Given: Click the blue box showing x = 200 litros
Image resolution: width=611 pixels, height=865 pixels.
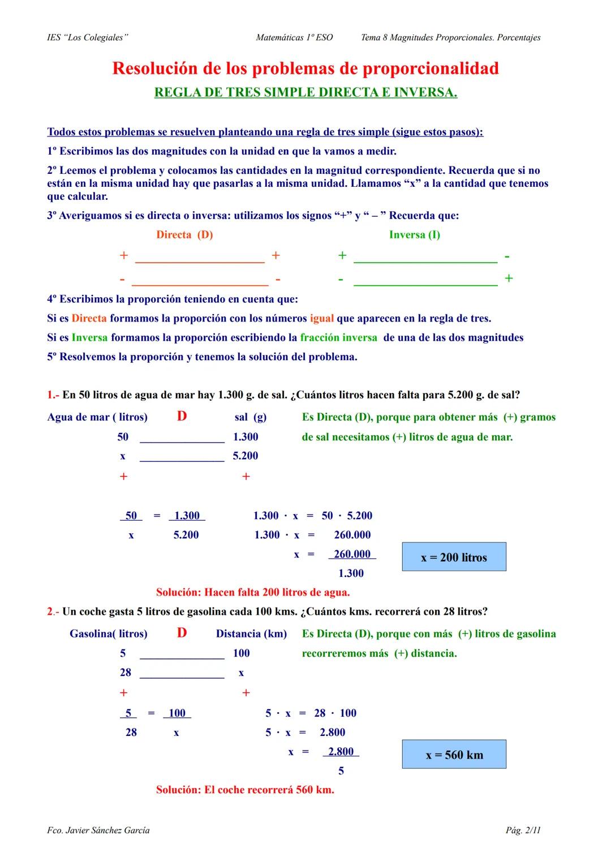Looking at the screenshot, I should (x=454, y=557).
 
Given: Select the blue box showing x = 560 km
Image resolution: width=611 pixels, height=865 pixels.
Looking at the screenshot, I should (x=454, y=755).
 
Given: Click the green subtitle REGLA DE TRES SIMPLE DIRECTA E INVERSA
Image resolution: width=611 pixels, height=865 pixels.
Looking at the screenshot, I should (x=305, y=92).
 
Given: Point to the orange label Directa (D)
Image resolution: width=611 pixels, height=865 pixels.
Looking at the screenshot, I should (x=184, y=235).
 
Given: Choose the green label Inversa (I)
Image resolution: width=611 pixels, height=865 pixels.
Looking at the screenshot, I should (x=414, y=235).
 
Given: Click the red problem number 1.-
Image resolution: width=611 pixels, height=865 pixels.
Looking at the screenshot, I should (x=53, y=395).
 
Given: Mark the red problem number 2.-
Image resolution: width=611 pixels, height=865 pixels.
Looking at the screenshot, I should (x=53, y=611).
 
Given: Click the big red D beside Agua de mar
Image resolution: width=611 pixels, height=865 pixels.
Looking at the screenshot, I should (x=182, y=417).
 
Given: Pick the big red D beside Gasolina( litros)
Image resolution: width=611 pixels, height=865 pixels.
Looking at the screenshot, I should (x=182, y=633).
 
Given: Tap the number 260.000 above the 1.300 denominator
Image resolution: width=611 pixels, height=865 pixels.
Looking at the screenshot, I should (x=352, y=554).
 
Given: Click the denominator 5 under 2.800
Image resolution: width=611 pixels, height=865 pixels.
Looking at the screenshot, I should (x=341, y=771).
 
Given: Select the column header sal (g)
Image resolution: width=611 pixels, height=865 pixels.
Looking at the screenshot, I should (x=250, y=417).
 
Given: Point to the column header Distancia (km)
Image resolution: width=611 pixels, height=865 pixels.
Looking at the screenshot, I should (x=251, y=634).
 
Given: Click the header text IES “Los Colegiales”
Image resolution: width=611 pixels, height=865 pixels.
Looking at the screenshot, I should (x=88, y=37).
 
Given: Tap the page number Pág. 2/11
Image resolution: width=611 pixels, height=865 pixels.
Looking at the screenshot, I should (x=523, y=830).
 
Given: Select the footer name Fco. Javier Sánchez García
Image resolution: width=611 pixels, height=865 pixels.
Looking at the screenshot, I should (x=98, y=830).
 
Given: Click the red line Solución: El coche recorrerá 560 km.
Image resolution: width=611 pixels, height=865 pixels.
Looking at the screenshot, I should (x=245, y=790).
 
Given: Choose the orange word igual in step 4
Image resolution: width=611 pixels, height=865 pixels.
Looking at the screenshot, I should (x=322, y=319).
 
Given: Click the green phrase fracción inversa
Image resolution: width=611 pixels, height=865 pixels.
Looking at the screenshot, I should (x=338, y=338).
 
